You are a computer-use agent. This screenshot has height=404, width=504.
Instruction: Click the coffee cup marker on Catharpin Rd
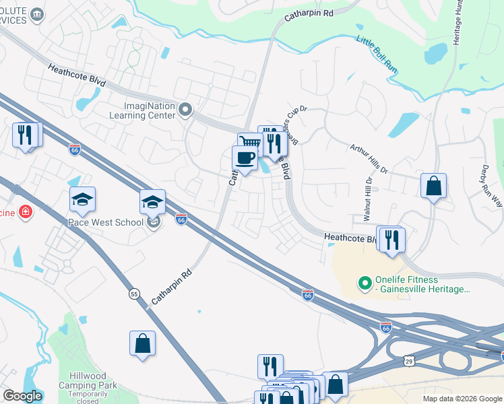click(x=245, y=158)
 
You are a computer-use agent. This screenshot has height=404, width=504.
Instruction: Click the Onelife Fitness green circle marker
click(x=365, y=283)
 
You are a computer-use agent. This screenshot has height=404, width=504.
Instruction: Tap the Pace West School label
click(x=106, y=222)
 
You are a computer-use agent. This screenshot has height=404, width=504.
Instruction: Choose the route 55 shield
click(x=133, y=294)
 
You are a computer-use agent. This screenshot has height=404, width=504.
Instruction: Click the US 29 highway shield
click(x=410, y=362)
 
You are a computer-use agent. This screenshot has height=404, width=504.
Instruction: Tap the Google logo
click(x=22, y=396)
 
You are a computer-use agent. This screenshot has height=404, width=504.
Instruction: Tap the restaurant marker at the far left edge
click(x=26, y=135)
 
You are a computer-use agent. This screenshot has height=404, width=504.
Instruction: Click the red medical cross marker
click(x=26, y=212)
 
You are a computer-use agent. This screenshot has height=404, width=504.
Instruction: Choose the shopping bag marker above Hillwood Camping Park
click(x=143, y=343)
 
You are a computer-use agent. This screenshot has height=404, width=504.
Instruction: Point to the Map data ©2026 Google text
click(x=462, y=399)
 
